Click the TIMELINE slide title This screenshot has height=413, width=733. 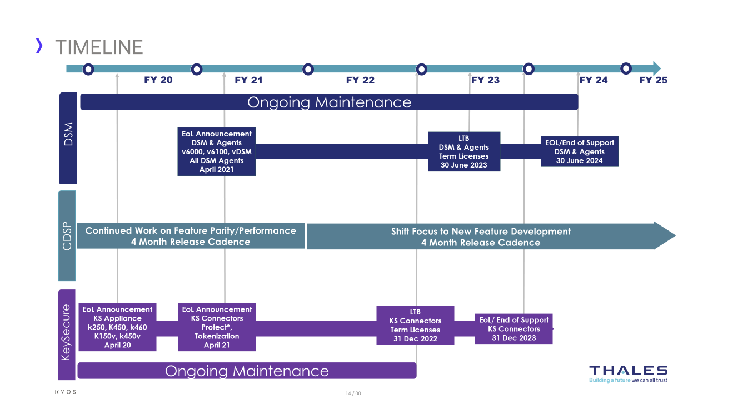tap(99, 47)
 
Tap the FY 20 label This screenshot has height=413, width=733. tap(158, 80)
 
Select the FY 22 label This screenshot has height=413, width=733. tap(360, 80)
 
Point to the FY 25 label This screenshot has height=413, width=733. tap(653, 80)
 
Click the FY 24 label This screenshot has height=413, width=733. tap(594, 80)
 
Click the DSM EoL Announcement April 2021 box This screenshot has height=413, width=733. tap(216, 151)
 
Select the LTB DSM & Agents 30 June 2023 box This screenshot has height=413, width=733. tap(463, 151)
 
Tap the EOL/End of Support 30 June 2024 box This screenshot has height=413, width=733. tap(579, 151)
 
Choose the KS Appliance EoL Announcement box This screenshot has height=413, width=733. tap(117, 327)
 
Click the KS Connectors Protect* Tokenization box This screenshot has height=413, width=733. tap(216, 327)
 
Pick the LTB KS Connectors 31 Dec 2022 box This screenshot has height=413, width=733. tap(415, 325)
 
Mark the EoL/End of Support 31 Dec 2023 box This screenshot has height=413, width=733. tap(513, 328)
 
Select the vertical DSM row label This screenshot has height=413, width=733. tap(68, 138)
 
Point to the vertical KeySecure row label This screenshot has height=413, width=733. tap(66, 332)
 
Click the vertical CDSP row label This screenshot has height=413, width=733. tap(67, 236)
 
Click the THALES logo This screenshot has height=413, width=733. tap(628, 373)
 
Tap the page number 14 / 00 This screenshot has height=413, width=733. tap(353, 394)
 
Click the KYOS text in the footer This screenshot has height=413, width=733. tap(66, 392)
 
